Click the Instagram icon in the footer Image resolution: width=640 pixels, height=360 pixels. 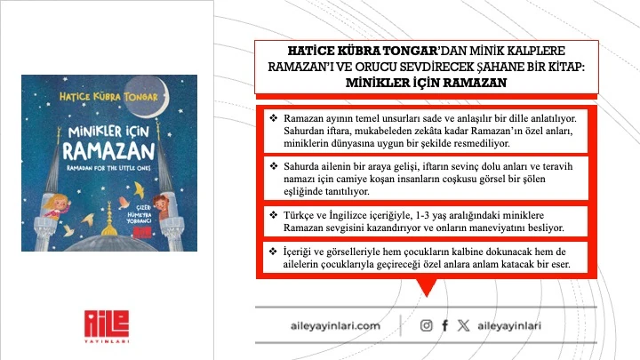click(x=427, y=326)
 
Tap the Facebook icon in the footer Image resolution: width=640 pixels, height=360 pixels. click(x=444, y=326)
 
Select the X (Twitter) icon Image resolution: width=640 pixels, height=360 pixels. click(x=462, y=326)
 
